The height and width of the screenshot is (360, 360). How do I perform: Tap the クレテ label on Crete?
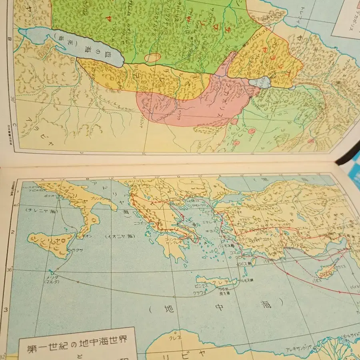(x=218, y=282)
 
